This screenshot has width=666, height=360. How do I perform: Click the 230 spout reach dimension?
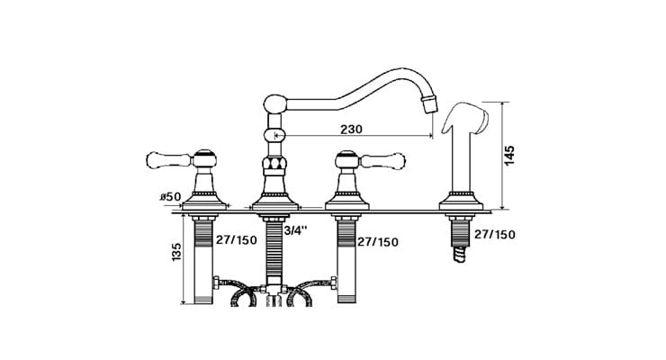351,129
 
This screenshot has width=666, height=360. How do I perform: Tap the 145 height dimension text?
510,157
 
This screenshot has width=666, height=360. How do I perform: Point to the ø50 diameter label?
170,196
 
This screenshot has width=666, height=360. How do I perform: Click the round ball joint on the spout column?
273,135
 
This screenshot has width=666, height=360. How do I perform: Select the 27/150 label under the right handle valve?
378,241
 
